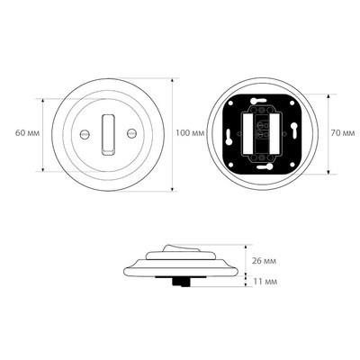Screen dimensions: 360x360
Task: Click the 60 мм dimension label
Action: pos(27,133)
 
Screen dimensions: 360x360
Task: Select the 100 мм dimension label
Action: pos(190,133)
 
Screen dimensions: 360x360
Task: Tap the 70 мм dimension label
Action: pos(343,133)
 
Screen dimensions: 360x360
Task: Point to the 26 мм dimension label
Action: pos(264,261)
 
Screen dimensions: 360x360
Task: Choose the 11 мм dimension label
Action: pos(265,282)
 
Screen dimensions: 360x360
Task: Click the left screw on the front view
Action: pos(85,134)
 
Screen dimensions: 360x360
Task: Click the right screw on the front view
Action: pos(131,133)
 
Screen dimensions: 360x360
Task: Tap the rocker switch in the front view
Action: pos(108,135)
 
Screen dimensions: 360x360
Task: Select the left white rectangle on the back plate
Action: pos(247,133)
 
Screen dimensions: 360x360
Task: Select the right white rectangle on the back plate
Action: pos(274,133)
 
